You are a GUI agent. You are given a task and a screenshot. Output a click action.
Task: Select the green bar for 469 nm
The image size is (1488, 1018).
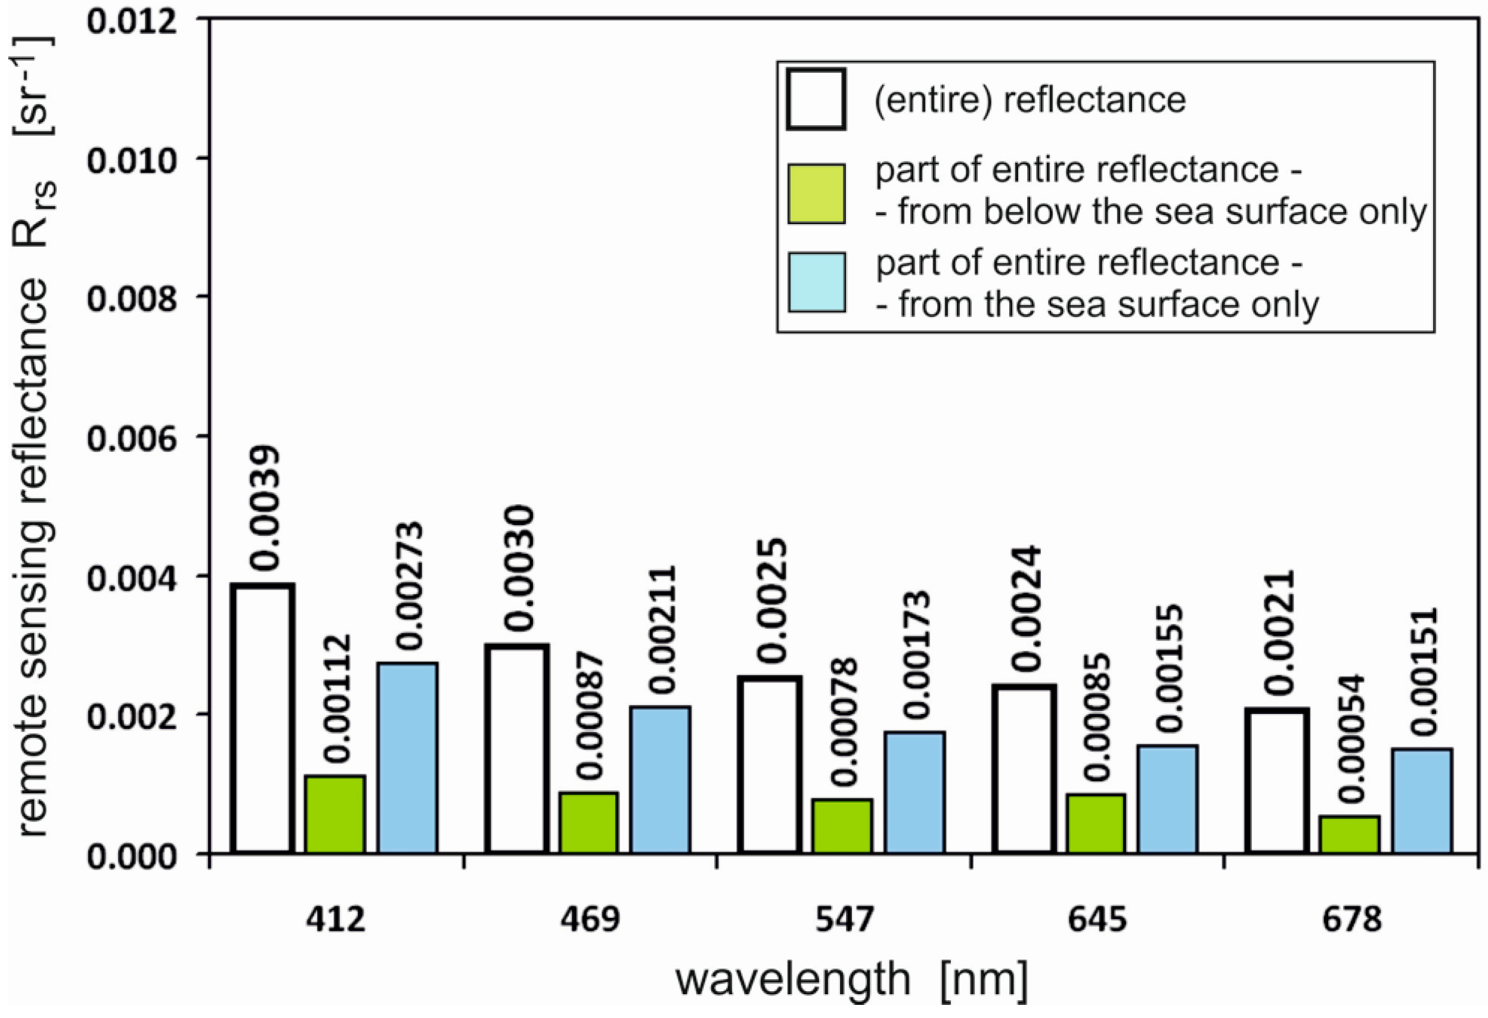[x=589, y=823]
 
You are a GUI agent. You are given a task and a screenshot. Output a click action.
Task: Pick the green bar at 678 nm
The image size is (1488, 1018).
[x=1350, y=834]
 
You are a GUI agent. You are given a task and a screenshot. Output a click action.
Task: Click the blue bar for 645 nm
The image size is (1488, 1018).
[x=1168, y=799]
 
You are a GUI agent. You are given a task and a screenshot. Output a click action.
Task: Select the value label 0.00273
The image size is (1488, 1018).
[x=408, y=586]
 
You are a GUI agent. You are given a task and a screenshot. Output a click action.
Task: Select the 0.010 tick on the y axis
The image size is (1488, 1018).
[x=131, y=161]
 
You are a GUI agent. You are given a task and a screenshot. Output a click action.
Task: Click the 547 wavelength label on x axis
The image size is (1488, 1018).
[x=844, y=920]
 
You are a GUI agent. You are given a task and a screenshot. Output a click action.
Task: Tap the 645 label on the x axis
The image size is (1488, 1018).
[x=1098, y=920]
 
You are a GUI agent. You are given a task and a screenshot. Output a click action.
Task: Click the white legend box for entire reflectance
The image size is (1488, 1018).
[x=816, y=100]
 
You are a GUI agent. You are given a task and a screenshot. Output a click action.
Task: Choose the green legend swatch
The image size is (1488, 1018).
[x=816, y=194]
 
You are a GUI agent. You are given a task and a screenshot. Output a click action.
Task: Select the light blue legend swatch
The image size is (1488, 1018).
[x=816, y=283]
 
